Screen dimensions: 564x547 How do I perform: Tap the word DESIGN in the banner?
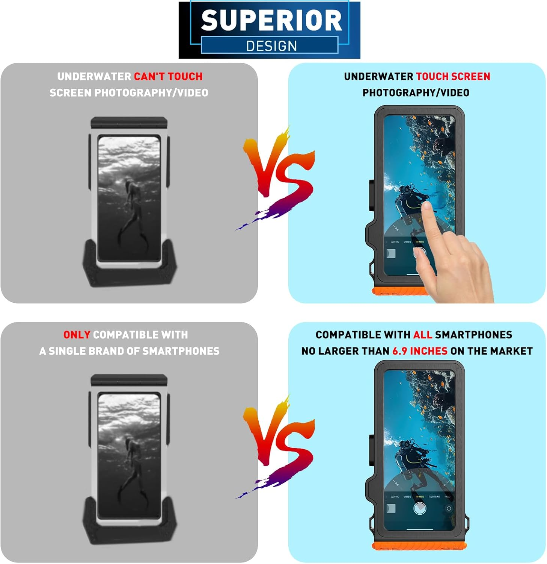(x=271, y=46)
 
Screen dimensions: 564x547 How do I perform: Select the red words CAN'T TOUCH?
(x=168, y=77)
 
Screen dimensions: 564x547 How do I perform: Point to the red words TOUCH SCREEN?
(x=453, y=77)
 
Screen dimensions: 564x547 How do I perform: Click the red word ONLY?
(x=77, y=335)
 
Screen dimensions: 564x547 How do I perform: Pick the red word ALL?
(x=423, y=335)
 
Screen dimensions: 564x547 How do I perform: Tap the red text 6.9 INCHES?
(x=420, y=351)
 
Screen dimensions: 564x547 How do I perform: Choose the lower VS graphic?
(x=278, y=444)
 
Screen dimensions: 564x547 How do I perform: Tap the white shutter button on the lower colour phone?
(x=419, y=509)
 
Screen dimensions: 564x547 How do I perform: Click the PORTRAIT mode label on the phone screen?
(x=434, y=497)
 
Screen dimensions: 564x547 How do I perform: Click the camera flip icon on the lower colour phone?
(x=448, y=509)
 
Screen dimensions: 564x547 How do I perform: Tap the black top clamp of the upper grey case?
(x=129, y=123)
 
